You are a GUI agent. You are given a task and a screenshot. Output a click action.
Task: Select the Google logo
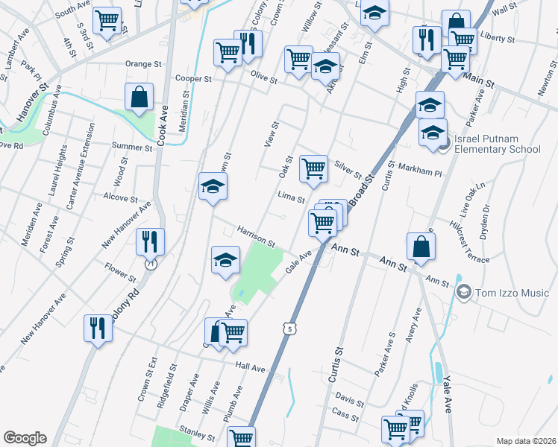coord(25,438)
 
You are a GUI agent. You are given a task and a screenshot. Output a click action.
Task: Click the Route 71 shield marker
coord(151,264)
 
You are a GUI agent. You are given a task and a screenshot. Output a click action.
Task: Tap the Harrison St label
coord(257,237)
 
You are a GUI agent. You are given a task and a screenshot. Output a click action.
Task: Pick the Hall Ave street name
coord(250,368)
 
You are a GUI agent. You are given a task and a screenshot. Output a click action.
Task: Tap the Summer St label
coord(132,145)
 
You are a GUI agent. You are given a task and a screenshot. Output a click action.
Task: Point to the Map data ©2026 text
coord(526,441)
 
